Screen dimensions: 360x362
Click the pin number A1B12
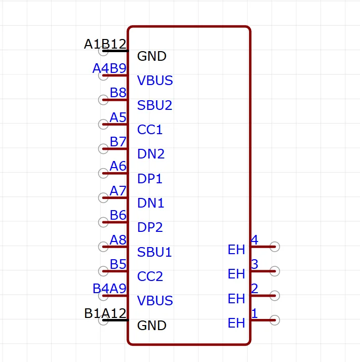(105, 44)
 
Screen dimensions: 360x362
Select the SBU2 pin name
(155, 105)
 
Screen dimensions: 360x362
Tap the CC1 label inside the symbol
(150, 130)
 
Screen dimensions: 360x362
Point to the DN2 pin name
(151, 154)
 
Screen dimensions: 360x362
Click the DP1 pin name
(150, 179)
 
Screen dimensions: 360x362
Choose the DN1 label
(150, 203)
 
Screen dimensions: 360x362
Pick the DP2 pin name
(150, 227)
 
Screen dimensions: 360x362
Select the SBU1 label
(154, 252)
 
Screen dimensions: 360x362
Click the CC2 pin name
(150, 276)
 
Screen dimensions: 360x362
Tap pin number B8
(118, 93)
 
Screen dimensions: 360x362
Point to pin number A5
(118, 117)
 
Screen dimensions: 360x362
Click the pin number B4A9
(109, 289)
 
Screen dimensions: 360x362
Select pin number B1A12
(105, 313)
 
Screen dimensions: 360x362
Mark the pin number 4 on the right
(255, 240)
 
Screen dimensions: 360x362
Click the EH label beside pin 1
(236, 323)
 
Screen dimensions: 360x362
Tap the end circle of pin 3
(274, 271)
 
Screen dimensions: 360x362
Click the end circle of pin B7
(103, 149)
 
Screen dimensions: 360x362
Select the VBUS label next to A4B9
(155, 81)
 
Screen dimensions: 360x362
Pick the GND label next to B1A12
(152, 326)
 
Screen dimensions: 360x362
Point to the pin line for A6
(115, 173)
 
